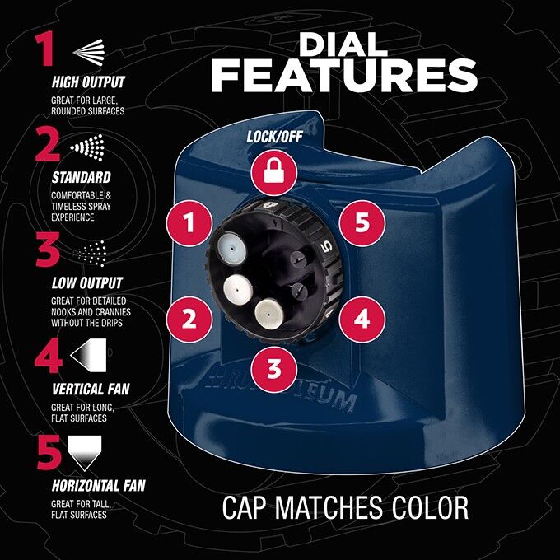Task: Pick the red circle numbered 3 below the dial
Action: coord(273,368)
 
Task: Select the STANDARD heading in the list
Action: coord(81,177)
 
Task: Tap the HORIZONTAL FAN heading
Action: coord(98,486)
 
